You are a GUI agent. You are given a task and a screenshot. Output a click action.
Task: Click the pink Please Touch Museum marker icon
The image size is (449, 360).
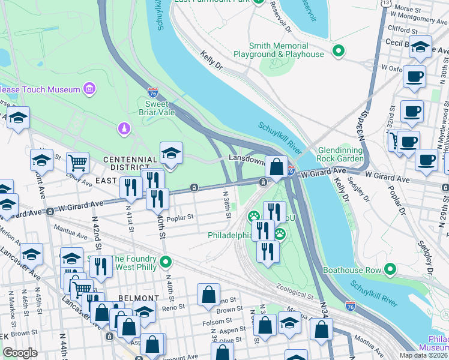89,89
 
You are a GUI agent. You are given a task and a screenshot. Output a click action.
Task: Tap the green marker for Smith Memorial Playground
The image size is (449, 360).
339,50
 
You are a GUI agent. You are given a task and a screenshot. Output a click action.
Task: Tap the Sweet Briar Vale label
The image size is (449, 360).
157,108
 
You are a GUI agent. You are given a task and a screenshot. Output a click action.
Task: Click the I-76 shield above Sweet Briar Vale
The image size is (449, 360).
153,92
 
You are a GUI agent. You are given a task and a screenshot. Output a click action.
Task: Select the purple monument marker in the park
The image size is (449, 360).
123,128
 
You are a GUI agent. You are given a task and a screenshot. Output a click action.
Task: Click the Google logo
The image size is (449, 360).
20,353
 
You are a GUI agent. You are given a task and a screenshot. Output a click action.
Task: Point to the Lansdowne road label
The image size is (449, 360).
246,160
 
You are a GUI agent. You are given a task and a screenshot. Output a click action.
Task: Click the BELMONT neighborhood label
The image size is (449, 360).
139,298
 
